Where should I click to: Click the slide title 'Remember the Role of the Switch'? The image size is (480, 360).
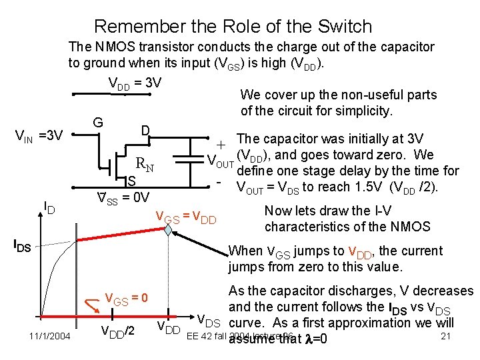[x=233, y=27]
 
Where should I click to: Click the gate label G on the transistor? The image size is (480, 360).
[x=98, y=123]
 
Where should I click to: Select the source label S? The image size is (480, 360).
[x=132, y=181]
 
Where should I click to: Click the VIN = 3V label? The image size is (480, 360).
[x=39, y=137]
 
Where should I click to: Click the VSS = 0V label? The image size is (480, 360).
[x=123, y=197]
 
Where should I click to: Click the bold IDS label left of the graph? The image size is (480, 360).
[x=22, y=245]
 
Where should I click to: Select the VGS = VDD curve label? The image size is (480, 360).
[x=185, y=217]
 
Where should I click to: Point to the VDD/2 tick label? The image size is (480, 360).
[x=117, y=329]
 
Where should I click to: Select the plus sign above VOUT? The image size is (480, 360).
[x=221, y=143]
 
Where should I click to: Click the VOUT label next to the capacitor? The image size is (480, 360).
[x=219, y=162]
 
